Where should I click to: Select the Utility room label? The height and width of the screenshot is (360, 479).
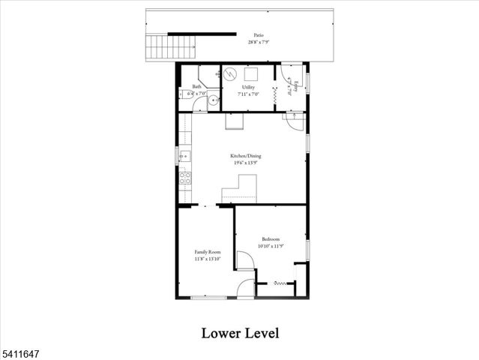point(248,88)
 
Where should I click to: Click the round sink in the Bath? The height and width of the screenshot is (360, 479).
point(214,100)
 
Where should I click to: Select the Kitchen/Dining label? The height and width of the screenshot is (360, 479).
point(245,157)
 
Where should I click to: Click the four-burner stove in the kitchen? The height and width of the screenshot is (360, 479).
point(184,178)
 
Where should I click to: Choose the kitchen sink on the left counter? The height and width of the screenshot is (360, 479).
point(184,157)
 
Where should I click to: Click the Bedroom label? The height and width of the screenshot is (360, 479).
point(271,238)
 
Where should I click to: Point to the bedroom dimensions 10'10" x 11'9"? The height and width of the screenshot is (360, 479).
point(271,246)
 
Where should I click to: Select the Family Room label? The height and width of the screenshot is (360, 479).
point(208,251)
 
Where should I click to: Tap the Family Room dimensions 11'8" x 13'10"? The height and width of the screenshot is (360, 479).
point(208,259)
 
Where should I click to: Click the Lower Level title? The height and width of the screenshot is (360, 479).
point(240,332)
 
